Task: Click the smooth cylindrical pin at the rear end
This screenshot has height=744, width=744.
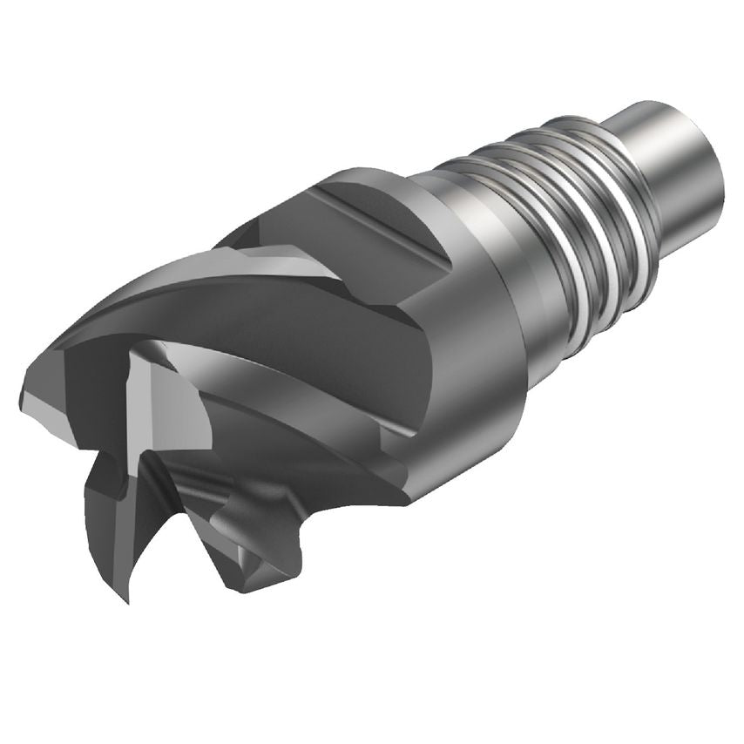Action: [675, 174]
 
